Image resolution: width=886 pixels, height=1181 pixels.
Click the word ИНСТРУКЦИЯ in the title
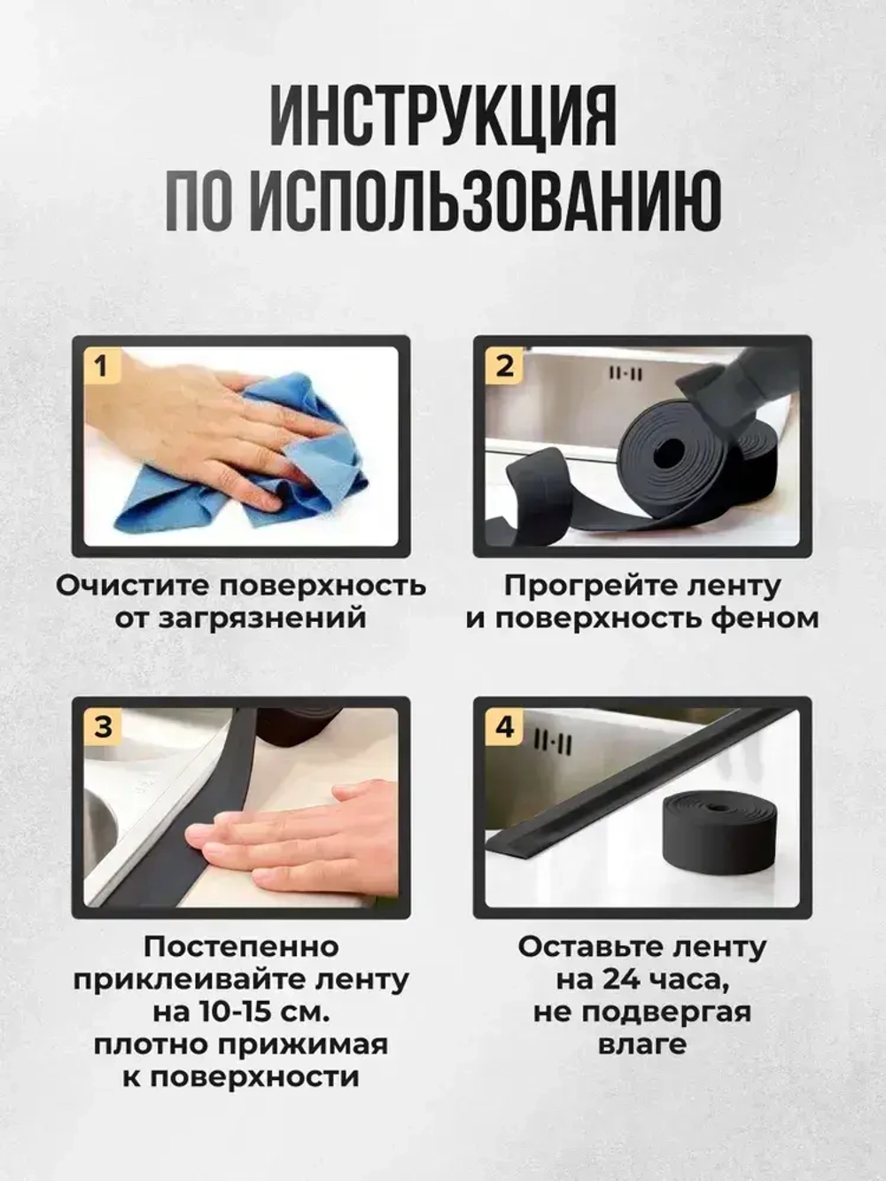442,117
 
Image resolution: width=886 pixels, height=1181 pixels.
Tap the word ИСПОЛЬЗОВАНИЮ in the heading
485,203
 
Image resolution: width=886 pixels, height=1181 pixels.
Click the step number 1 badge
102,365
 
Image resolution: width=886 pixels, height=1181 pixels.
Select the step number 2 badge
503,365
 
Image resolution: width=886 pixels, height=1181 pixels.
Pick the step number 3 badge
103,726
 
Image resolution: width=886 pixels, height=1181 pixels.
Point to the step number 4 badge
504,726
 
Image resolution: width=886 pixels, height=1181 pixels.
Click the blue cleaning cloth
292,478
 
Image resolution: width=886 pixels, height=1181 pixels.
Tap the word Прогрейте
585,586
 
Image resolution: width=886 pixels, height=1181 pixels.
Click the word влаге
642,1044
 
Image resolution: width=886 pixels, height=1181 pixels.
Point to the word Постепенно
241,946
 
